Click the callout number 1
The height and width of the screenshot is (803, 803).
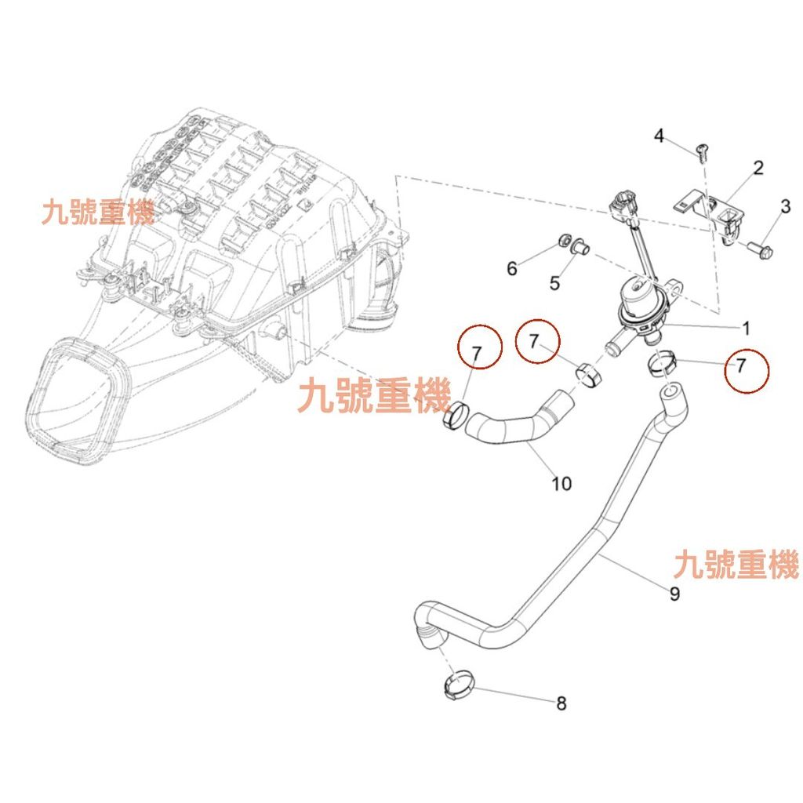(x=746, y=327)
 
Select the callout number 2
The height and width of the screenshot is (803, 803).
(x=758, y=167)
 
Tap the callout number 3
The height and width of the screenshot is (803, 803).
(x=785, y=207)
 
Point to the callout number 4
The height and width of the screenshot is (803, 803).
(x=659, y=136)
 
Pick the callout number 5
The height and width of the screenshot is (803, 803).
(x=554, y=282)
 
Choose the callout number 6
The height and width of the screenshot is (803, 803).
(x=512, y=269)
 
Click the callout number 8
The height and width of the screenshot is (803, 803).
(x=561, y=703)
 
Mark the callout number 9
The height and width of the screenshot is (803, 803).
(x=674, y=594)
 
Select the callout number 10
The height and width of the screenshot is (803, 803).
(x=561, y=483)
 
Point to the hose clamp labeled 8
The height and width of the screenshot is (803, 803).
(x=457, y=686)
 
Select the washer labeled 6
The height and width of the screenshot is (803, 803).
(x=564, y=239)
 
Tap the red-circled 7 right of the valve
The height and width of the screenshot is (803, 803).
(x=742, y=365)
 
